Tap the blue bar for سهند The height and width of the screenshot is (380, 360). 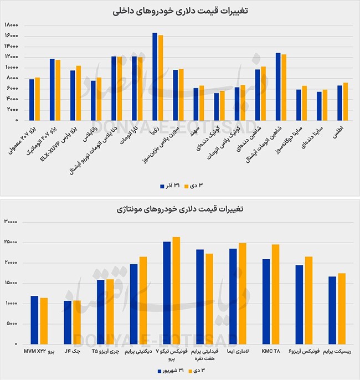[196, 104]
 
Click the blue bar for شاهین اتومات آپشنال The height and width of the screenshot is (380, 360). [278, 86]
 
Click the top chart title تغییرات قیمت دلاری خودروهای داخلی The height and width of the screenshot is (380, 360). [180, 11]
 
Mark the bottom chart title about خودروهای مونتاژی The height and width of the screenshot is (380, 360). [180, 209]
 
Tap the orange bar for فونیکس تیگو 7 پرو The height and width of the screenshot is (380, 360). [176, 291]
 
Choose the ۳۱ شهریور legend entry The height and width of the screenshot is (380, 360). [171, 371]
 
